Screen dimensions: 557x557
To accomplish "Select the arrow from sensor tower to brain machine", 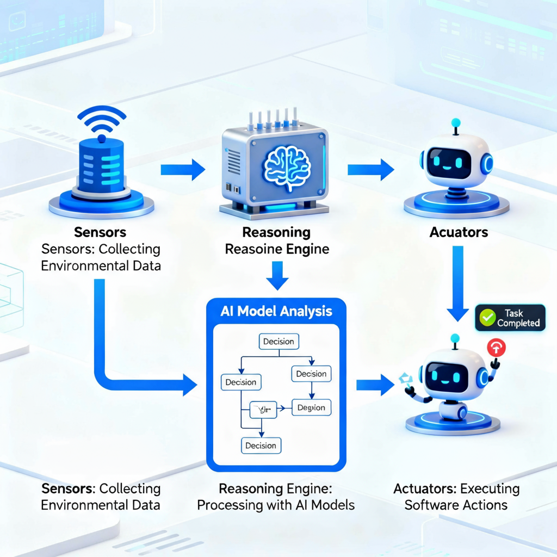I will click(x=183, y=170).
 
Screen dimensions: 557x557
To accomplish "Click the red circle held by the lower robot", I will click(x=496, y=347).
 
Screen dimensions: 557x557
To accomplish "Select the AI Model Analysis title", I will click(x=276, y=312).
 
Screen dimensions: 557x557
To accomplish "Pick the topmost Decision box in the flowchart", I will click(x=278, y=342).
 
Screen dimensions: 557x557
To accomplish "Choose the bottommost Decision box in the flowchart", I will click(x=261, y=445).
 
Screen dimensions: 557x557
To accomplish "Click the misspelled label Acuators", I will click(x=459, y=232).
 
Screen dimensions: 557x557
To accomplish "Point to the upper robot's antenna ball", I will click(x=456, y=123).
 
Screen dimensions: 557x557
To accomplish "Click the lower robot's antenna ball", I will click(x=456, y=338).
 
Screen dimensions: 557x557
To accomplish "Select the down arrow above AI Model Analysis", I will click(x=277, y=275).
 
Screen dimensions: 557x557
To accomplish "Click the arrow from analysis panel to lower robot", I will click(x=375, y=385).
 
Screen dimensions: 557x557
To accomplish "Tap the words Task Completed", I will click(x=518, y=318).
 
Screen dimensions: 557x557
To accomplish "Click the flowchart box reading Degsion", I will click(x=311, y=407).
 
